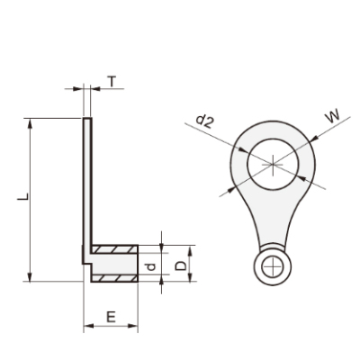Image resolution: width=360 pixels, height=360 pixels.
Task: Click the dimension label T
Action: click(x=112, y=81)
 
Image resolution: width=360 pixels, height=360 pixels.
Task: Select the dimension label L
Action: click(x=23, y=196)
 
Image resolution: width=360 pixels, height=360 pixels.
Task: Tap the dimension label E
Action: click(x=111, y=317)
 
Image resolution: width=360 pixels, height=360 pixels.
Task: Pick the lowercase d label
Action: click(x=152, y=266)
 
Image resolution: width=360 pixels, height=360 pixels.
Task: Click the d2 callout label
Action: click(x=204, y=121)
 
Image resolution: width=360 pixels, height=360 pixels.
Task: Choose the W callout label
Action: click(x=332, y=116)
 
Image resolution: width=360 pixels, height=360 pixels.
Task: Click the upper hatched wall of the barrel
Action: click(x=114, y=249)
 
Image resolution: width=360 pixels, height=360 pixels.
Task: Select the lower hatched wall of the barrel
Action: click(x=114, y=278)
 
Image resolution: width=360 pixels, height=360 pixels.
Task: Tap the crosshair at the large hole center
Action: click(x=273, y=165)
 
